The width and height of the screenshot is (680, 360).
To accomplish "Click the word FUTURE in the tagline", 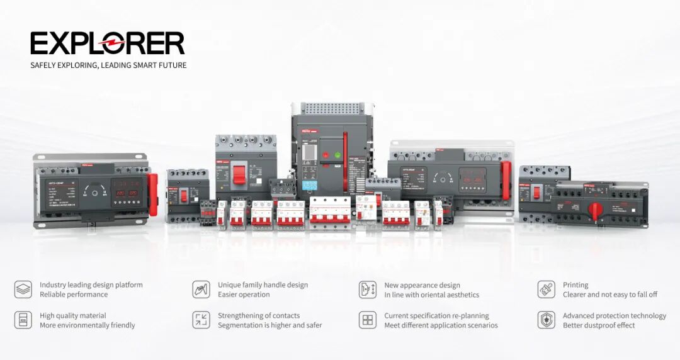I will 173,65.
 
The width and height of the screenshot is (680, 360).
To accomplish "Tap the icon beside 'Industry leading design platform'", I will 23,290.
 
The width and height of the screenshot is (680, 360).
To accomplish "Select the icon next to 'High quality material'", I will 23,320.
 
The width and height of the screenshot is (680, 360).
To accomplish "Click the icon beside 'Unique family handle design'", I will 201,290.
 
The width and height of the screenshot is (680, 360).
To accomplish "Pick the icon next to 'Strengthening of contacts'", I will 201,320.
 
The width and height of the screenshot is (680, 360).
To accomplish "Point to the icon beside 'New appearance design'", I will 367,290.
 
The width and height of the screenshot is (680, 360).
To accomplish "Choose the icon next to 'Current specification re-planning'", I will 367,320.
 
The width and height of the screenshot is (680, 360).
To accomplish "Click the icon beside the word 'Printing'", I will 546,290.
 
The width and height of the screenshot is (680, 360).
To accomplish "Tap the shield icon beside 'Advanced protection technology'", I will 546,320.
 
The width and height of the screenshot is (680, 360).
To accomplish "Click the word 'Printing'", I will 575,285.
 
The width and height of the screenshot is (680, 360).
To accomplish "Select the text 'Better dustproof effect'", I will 599,325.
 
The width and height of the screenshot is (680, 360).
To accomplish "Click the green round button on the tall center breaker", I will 337,155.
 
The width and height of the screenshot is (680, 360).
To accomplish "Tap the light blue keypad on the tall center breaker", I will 310,186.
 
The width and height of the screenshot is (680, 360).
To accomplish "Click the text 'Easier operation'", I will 244,295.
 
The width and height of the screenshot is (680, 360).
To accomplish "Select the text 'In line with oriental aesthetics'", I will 431,295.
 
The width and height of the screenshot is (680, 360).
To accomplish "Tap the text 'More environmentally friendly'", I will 88,325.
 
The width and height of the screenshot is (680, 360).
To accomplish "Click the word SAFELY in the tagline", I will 43,65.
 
